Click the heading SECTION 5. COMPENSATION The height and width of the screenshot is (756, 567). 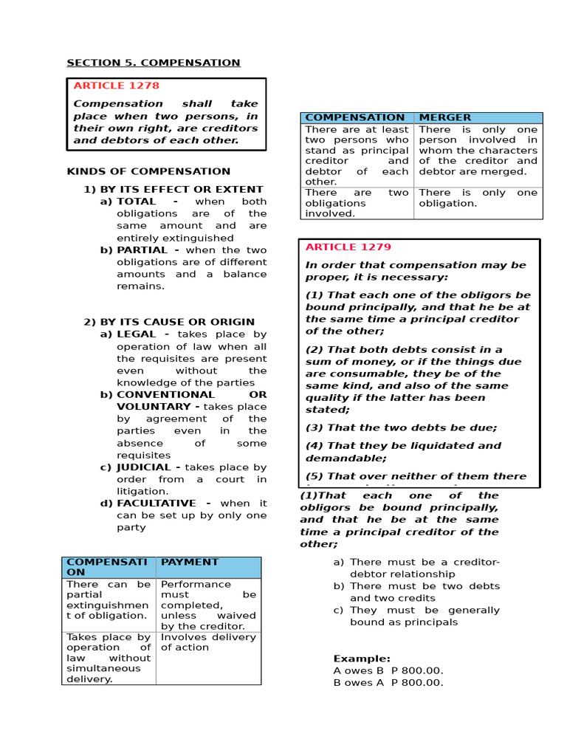tap(154, 63)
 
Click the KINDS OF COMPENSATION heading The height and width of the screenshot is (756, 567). tap(148, 171)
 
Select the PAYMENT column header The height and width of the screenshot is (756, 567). tap(190, 562)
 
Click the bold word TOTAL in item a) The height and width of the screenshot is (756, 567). tap(137, 202)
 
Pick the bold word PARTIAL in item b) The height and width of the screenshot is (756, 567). tap(141, 250)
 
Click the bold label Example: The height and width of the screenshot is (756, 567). tap(362, 659)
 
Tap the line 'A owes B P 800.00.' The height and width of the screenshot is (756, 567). tap(388, 670)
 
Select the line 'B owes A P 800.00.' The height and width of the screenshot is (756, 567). tap(388, 683)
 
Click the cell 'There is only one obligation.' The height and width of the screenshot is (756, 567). tap(478, 198)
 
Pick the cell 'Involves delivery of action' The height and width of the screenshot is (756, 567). tap(208, 642)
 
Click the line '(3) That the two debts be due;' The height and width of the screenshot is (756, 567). tap(402, 427)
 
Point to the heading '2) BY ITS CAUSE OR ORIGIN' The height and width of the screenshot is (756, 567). tap(168, 322)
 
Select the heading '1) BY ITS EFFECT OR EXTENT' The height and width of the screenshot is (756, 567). tap(173, 190)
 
